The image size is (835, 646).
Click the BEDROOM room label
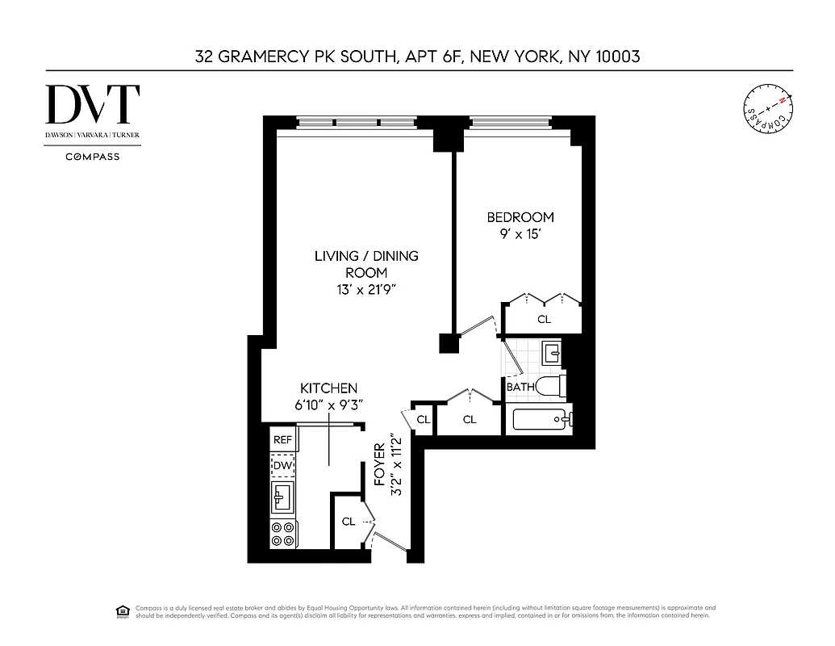click(520, 217)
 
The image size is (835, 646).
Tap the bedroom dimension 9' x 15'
click(520, 235)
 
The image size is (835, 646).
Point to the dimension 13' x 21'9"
click(366, 289)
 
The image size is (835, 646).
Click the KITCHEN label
click(328, 388)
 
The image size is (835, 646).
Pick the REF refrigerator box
click(282, 440)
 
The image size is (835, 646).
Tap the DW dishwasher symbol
click(282, 466)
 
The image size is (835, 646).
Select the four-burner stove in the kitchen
click(282, 534)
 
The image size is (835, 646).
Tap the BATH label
click(520, 387)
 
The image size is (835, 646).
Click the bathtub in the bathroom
click(538, 419)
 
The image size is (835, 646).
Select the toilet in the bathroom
click(552, 387)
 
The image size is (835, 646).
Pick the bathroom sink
click(552, 353)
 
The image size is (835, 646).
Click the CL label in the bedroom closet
click(544, 320)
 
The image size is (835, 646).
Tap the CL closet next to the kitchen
click(349, 522)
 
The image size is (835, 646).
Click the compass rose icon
click(767, 111)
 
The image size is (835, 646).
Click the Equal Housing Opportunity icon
click(123, 610)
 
